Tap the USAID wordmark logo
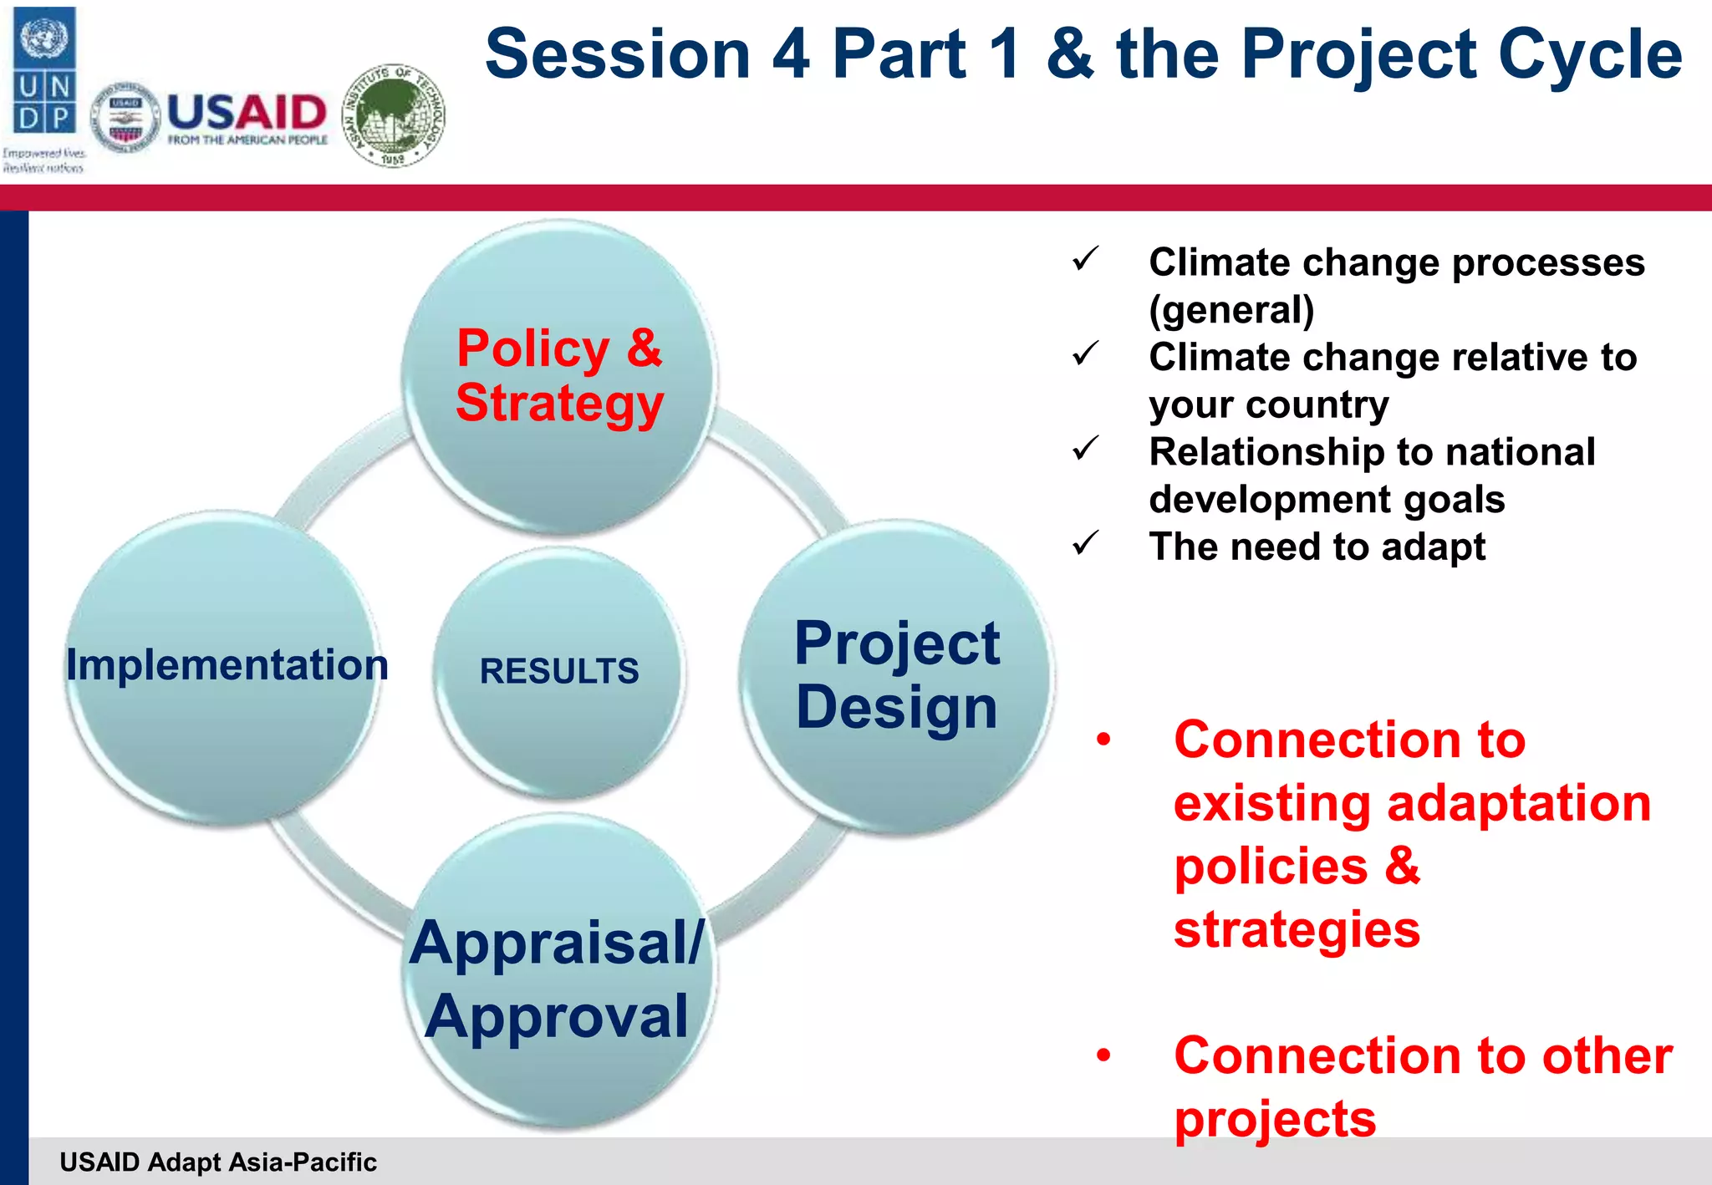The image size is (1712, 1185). [x=247, y=117]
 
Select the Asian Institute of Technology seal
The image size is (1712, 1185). [x=394, y=116]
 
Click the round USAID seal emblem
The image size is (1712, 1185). [x=125, y=118]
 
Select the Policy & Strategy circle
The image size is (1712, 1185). [x=558, y=376]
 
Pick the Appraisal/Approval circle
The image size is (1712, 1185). [x=558, y=978]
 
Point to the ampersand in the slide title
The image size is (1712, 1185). [x=1070, y=54]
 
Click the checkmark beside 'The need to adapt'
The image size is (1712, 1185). [x=1085, y=544]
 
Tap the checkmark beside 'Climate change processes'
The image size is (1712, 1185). [x=1085, y=260]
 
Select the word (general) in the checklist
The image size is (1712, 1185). [x=1231, y=310]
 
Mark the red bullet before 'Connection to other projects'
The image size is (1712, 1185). [x=1104, y=1055]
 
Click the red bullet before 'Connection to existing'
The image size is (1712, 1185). [x=1104, y=740]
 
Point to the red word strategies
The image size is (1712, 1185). [x=1297, y=929]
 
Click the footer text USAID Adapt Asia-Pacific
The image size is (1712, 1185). [x=218, y=1162]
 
